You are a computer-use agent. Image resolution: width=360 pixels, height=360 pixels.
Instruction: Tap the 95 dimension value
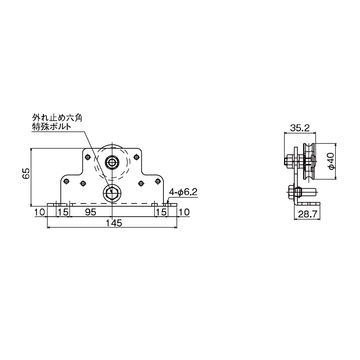(x=90, y=212)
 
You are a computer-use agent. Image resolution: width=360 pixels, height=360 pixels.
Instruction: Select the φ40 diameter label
(x=331, y=161)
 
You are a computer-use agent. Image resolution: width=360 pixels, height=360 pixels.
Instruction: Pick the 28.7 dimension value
(x=307, y=215)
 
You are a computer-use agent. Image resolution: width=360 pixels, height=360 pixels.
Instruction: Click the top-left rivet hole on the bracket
(x=87, y=157)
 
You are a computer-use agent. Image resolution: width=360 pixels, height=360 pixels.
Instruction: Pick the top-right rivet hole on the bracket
(x=136, y=157)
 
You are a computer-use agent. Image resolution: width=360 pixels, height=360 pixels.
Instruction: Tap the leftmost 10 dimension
(x=39, y=212)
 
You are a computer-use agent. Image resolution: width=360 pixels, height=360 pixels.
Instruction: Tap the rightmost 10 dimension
(x=184, y=212)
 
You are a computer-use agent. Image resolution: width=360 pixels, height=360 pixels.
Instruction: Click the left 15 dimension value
(x=63, y=212)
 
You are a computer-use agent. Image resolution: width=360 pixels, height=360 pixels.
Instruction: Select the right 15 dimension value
(x=161, y=212)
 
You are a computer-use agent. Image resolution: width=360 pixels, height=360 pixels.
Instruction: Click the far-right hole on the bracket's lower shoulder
(x=157, y=181)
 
